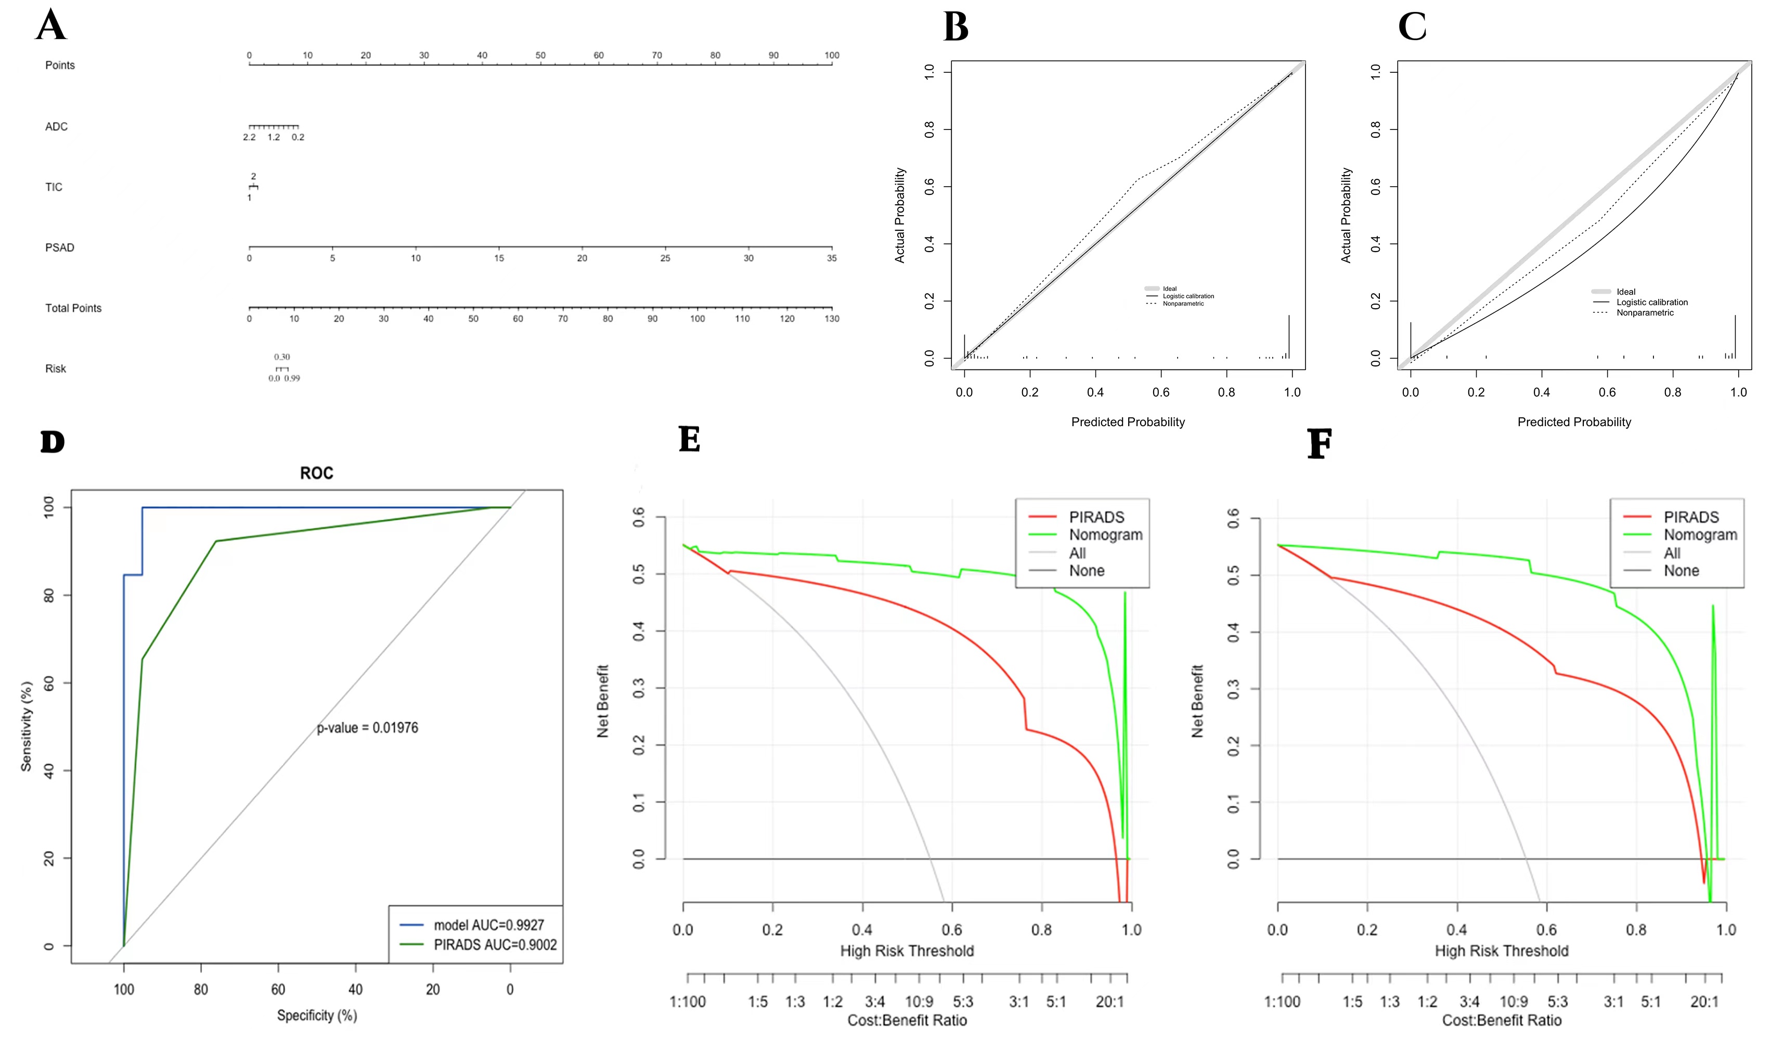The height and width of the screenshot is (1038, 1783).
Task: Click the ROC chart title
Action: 316,473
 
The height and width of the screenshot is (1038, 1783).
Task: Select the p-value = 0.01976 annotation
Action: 367,728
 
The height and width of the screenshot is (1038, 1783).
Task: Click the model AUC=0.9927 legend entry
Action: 488,925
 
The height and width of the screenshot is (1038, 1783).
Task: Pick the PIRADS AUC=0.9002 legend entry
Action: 495,944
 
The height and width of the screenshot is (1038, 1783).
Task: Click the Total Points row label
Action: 73,308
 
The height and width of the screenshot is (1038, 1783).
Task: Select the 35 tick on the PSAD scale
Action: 831,258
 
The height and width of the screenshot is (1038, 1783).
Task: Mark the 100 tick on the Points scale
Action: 831,55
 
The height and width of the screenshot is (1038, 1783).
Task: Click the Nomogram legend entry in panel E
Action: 1105,534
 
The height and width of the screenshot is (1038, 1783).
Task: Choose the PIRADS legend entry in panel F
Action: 1690,517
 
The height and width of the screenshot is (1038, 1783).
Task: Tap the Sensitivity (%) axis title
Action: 26,726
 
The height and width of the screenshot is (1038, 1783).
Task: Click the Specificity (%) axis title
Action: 316,1015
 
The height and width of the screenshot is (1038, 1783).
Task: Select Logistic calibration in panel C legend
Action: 1651,302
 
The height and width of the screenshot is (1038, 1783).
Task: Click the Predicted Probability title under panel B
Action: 1127,422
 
